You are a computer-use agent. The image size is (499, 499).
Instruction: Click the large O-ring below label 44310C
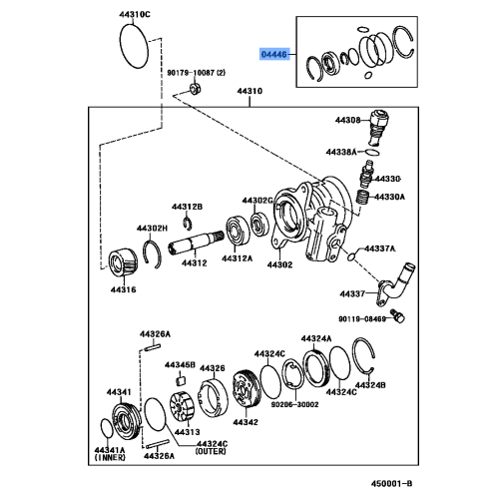[x=137, y=45]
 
